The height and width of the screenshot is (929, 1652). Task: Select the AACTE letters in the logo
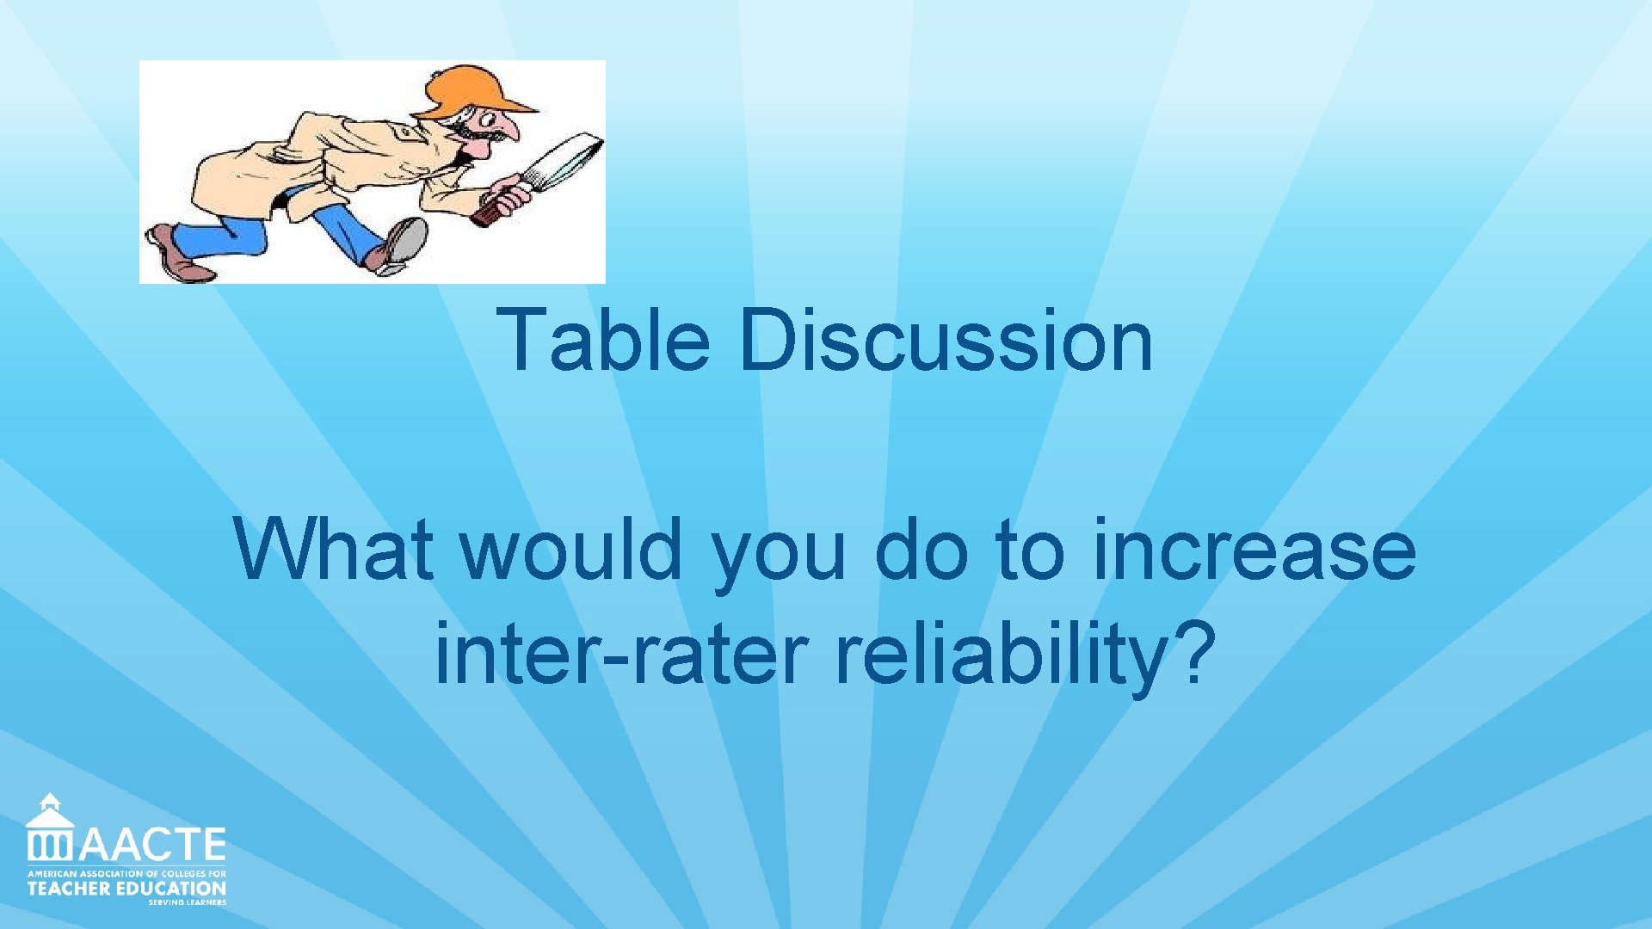coord(152,845)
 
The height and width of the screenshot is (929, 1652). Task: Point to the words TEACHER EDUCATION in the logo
coord(126,888)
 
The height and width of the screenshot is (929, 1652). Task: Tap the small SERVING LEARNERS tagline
coord(187,902)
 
